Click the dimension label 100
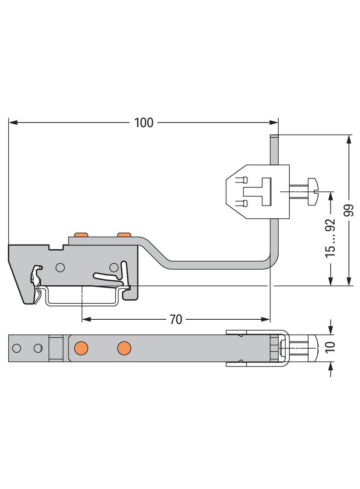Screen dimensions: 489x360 point(144,122)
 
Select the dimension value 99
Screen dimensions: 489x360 point(349,211)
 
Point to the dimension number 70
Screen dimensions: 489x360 point(176,319)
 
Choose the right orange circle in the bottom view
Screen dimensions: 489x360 point(124,348)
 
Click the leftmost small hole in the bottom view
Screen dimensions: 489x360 point(17,348)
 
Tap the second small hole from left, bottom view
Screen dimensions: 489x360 point(39,348)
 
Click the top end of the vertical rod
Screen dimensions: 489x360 point(273,136)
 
